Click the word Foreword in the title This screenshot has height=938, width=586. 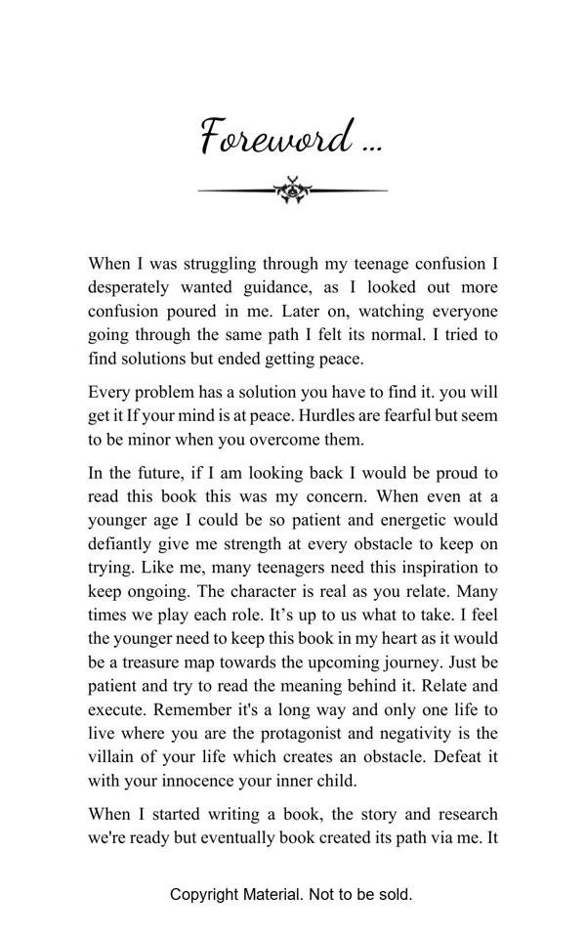coord(276,137)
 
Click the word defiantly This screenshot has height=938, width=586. coord(125,543)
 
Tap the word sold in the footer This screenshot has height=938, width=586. coord(394,894)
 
